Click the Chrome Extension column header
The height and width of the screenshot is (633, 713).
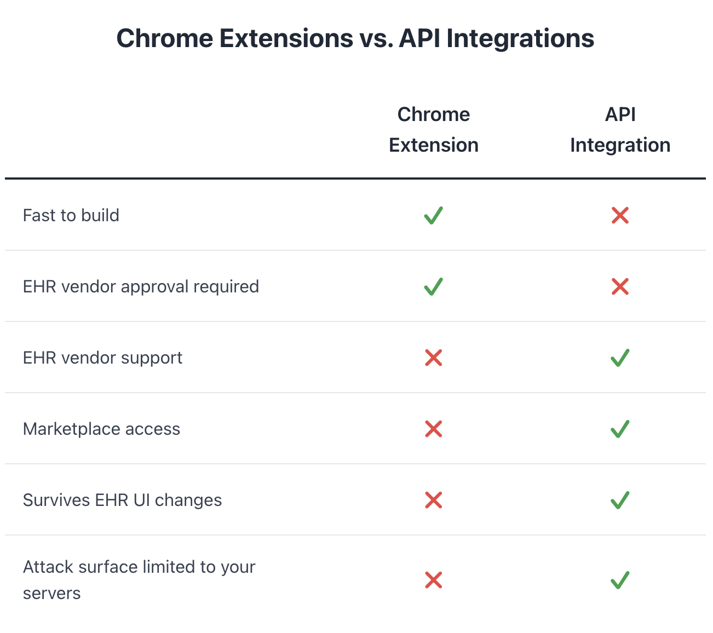tap(433, 130)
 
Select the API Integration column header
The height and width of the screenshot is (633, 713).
tap(620, 130)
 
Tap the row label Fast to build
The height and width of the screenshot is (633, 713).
tap(71, 215)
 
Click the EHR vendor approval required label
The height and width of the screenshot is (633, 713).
tap(141, 286)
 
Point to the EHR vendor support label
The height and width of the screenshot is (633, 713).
tap(102, 358)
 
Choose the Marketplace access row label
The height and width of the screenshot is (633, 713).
tap(101, 429)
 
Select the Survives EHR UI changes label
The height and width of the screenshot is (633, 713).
tap(122, 500)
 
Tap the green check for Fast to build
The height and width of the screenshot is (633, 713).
tap(433, 215)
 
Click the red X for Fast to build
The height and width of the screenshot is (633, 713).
tap(620, 215)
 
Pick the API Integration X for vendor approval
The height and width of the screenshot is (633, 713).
tap(620, 286)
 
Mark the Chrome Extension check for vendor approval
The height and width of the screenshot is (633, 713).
tap(433, 286)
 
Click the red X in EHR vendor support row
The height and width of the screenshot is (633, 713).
tap(433, 358)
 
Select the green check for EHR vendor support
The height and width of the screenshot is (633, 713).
tap(620, 358)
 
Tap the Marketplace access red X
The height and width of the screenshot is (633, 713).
tap(433, 429)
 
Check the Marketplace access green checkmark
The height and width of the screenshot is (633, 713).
tap(620, 429)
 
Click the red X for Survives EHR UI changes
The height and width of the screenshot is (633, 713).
tap(433, 500)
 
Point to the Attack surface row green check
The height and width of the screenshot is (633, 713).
tap(620, 580)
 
